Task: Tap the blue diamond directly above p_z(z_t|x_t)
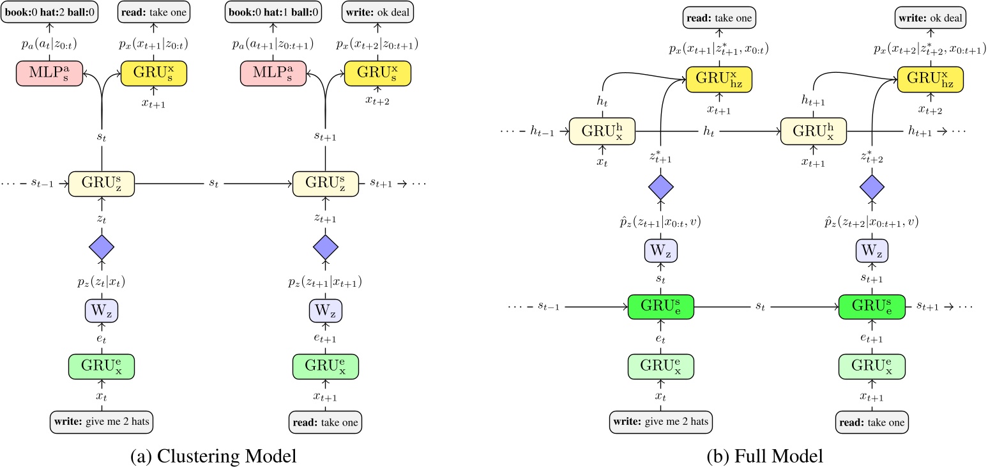102,247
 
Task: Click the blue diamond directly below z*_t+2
872,187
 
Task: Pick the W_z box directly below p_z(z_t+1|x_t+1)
326,311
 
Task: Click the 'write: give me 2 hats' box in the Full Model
660,422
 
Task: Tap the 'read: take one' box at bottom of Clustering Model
326,422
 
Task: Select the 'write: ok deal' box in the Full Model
930,17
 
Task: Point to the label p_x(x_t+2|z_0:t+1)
377,44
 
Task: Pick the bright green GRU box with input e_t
660,307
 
